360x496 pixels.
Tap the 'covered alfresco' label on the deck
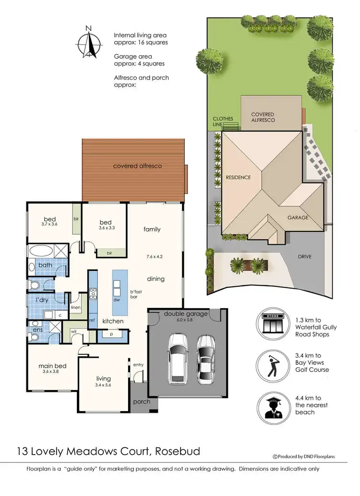[137, 166]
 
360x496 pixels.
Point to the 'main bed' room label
[52, 365]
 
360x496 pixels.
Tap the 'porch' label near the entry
[142, 401]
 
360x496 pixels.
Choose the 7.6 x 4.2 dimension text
[155, 256]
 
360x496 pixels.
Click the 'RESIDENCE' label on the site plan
[238, 178]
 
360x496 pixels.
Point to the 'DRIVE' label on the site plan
[304, 257]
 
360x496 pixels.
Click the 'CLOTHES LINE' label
[223, 122]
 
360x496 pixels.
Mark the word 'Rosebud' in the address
[176, 451]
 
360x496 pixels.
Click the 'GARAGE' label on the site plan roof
[298, 218]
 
